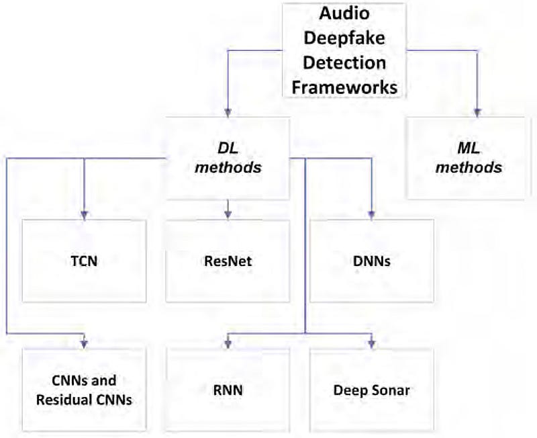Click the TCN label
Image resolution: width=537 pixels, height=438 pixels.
(x=84, y=261)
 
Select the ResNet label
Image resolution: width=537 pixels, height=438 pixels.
(x=228, y=261)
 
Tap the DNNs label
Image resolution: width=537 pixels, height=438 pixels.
(x=371, y=261)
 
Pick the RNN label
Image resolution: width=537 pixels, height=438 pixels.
(x=228, y=389)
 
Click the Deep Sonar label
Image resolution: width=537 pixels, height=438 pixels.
(x=371, y=389)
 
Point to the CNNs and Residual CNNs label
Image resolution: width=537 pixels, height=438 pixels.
(x=84, y=390)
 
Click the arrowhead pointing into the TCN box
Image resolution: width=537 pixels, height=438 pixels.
(x=84, y=214)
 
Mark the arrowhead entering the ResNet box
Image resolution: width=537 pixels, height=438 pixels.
(x=228, y=214)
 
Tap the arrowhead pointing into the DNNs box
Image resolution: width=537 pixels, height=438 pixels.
(x=371, y=214)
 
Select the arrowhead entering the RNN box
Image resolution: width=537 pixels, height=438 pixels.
(x=228, y=344)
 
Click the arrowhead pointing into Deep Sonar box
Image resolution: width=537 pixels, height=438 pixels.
(x=371, y=344)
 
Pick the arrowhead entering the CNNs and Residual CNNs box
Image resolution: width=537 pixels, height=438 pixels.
(x=84, y=344)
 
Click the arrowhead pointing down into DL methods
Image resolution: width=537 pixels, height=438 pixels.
(x=228, y=112)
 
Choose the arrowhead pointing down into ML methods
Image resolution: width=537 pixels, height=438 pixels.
(x=478, y=112)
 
